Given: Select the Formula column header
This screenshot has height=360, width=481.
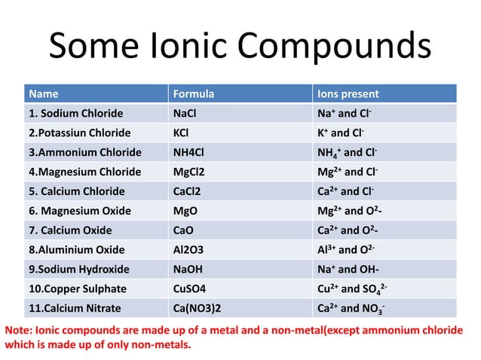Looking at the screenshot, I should pos(194,94).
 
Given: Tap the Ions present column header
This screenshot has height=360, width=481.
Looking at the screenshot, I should pos(348,94).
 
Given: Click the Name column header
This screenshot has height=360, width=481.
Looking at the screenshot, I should pos(43,94).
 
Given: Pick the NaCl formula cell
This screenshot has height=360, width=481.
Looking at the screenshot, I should pos(187,114).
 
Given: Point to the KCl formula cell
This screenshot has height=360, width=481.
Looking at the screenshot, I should pos(182,133).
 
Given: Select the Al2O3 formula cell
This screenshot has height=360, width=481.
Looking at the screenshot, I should pos(190,249).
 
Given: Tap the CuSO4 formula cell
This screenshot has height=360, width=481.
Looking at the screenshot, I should pos(192,288).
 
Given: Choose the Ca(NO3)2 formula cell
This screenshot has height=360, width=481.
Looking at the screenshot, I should pos(198,308).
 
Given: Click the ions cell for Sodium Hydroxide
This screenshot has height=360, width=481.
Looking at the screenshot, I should pos(347,269).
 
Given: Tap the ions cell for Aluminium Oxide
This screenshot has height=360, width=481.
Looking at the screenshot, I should pos(348,249).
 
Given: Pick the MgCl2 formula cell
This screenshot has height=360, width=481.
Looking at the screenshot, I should pos(190,172).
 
